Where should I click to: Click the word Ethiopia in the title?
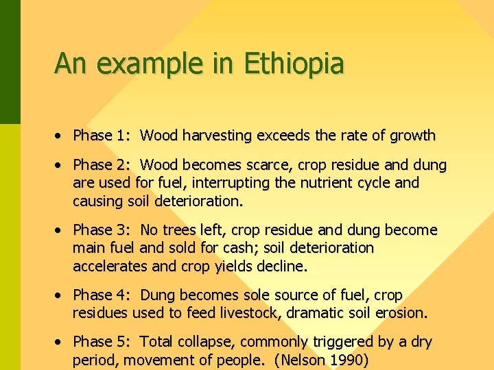tap(294, 64)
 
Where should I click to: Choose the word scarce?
tap(278, 165)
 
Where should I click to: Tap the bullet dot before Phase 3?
tap(61, 230)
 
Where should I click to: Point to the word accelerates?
tap(108, 266)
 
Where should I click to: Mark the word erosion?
tap(401, 313)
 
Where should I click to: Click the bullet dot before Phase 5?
tap(61, 342)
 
